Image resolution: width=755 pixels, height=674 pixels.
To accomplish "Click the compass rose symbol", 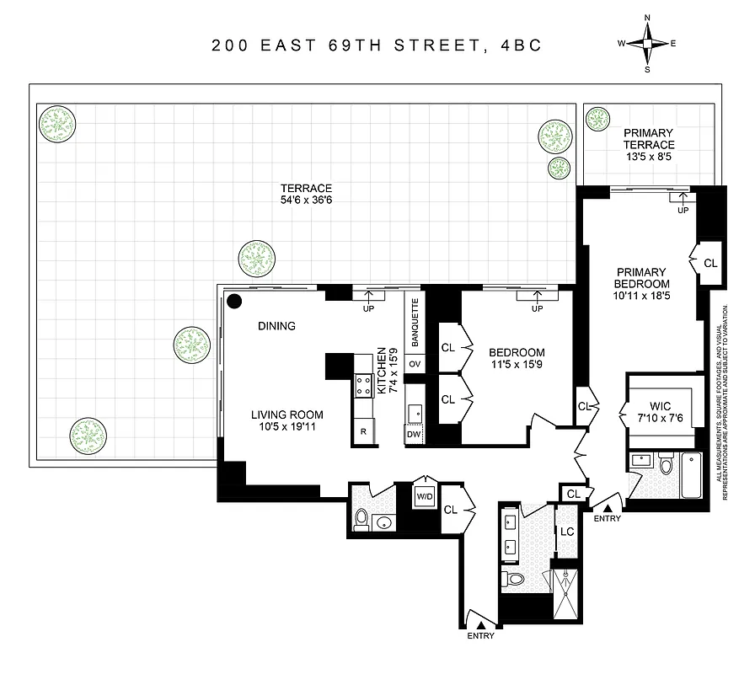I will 647,43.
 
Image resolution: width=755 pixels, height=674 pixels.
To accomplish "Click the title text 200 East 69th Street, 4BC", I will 377,45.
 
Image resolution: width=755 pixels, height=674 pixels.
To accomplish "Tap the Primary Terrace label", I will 649,139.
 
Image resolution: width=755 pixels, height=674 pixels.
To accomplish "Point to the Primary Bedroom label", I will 641,278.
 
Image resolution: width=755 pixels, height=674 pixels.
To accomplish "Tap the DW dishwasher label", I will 413,435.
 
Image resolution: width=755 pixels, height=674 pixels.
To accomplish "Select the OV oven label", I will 414,364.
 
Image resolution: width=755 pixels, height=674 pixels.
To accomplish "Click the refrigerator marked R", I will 363,431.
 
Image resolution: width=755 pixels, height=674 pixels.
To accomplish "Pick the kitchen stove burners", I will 364,385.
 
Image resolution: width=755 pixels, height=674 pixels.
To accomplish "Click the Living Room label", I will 286,415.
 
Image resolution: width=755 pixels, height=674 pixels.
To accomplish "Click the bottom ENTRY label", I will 480,636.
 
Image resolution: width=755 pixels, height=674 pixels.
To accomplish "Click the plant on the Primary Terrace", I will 597,119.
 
